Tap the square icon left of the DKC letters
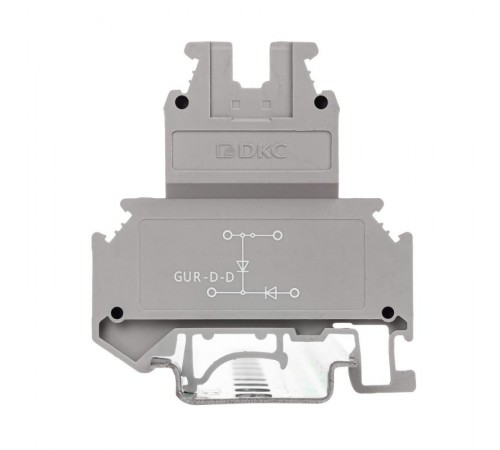pos(226,151)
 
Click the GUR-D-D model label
pos(204,277)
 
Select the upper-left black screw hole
pos(182,101)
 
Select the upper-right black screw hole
pos(321,101)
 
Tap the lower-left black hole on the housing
pos(117,313)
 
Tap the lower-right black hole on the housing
pos(388,313)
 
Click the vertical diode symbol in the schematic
pos(243,266)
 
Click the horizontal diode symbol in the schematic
pos(270,293)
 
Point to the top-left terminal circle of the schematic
pos(227,235)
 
